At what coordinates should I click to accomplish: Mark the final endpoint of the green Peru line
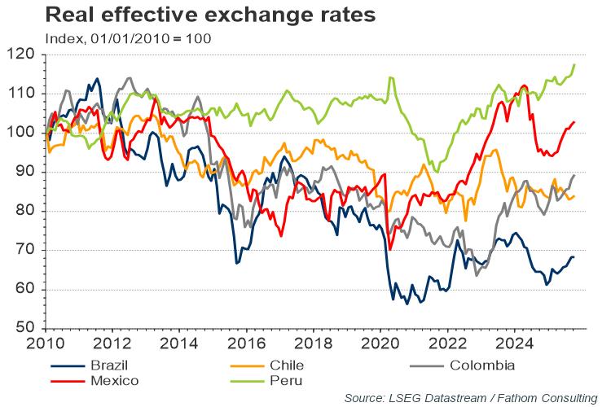coord(574,64)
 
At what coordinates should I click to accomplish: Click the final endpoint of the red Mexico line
coord(574,122)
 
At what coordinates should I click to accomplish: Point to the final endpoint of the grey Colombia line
coord(574,175)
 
